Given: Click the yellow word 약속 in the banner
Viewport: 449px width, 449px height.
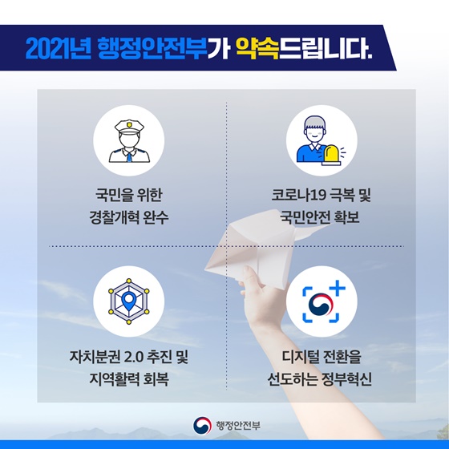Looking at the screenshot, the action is [x=257, y=48].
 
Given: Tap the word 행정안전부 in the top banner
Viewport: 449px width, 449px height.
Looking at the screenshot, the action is [x=152, y=48].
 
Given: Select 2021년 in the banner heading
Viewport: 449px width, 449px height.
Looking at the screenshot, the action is [x=59, y=49].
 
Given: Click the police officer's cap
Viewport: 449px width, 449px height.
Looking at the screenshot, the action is [x=129, y=126].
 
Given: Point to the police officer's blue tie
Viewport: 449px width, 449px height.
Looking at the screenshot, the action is [x=129, y=157].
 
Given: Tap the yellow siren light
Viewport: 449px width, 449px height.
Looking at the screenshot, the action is [x=331, y=155].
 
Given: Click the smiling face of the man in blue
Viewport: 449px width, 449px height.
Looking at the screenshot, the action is [x=314, y=133].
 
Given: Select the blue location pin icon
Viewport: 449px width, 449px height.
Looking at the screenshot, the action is [x=129, y=301].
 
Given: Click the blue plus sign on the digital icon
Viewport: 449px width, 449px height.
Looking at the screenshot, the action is [x=337, y=288].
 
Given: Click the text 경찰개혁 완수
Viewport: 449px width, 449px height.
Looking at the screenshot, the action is [x=129, y=217].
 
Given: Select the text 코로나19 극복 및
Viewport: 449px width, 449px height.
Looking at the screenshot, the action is [x=321, y=196].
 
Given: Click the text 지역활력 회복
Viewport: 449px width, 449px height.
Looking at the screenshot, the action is [x=129, y=378].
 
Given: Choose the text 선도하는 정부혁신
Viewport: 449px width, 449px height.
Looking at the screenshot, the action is [x=320, y=378].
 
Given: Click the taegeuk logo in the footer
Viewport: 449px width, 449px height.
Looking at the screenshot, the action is [x=202, y=426].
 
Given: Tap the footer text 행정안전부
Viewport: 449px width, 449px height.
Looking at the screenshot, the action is [x=238, y=426].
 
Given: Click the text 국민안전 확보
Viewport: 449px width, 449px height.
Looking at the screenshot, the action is [x=320, y=217].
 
